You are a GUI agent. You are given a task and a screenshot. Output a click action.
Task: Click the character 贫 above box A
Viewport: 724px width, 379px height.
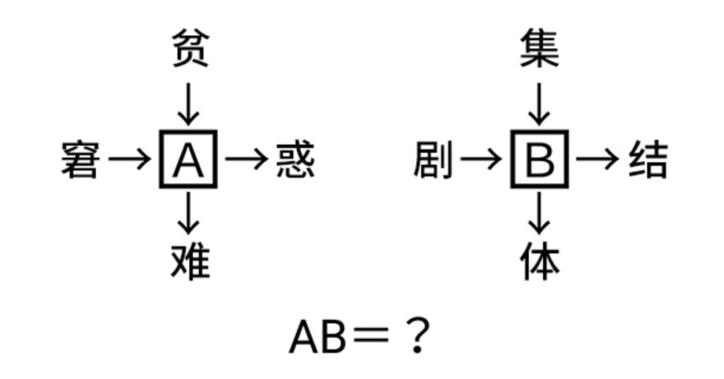click(190, 49)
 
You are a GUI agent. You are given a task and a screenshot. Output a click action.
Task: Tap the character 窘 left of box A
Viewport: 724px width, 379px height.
click(80, 160)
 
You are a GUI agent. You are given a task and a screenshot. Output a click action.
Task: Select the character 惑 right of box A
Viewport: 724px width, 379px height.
click(296, 160)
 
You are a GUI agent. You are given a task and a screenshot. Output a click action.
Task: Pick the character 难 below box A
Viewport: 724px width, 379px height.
click(190, 261)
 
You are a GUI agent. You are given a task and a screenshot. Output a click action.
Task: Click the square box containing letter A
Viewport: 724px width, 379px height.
click(188, 160)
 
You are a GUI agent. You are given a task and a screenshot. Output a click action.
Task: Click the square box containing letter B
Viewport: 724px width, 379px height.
click(540, 160)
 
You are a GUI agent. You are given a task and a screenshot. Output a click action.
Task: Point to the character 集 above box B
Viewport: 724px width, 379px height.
click(540, 49)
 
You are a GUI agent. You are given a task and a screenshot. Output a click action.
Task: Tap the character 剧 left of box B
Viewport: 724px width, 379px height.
click(432, 160)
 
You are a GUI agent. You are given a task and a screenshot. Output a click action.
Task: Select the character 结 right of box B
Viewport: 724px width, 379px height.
click(648, 160)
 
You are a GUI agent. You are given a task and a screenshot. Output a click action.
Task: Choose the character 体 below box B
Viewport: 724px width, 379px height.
click(540, 261)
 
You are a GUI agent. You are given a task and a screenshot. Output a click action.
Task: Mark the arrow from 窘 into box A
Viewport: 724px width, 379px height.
click(130, 160)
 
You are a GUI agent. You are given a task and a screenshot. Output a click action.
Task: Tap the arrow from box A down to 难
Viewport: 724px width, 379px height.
click(189, 213)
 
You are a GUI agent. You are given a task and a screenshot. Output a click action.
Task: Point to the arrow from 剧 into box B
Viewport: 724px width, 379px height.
click(481, 160)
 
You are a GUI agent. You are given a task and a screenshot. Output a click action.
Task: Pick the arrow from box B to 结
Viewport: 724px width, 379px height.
click(597, 160)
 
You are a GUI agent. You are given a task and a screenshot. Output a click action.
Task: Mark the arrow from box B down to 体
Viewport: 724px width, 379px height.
click(540, 213)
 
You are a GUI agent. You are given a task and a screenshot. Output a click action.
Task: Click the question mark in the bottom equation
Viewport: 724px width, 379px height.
click(417, 336)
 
